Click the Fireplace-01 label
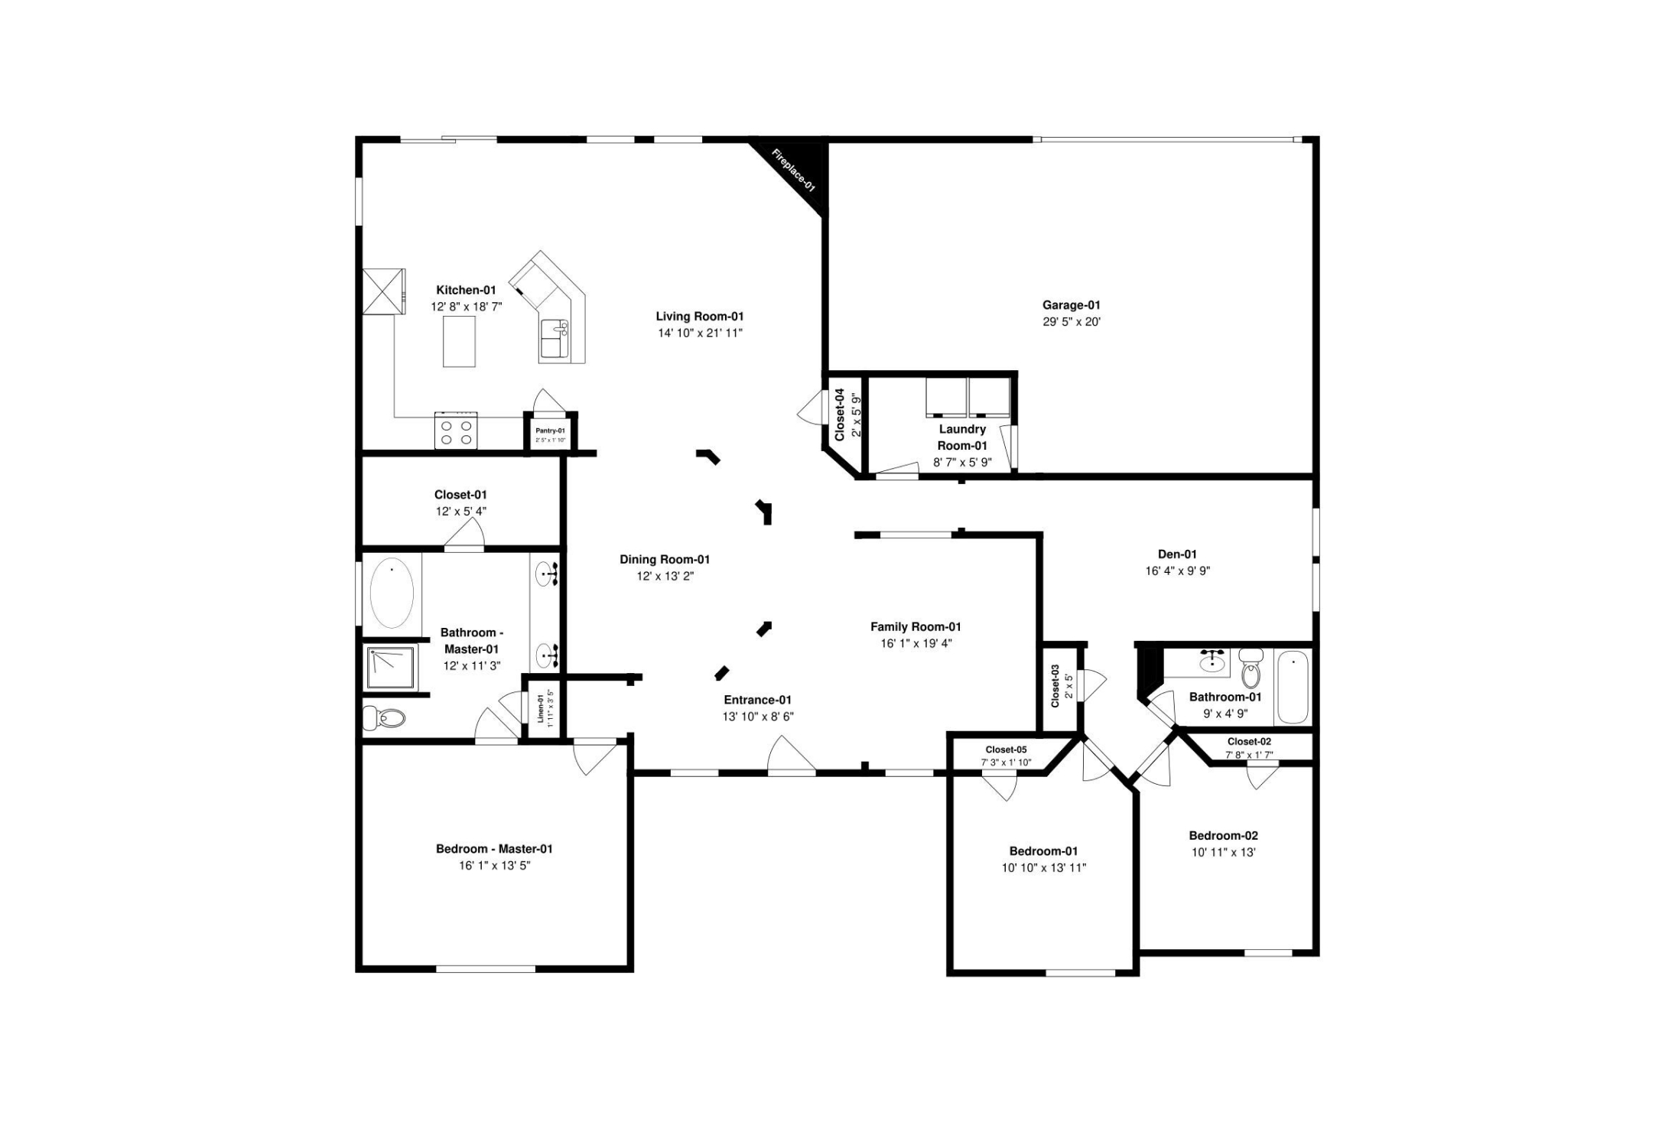point(793,171)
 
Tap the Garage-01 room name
point(1071,305)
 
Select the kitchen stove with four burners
point(456,431)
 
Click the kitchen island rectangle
point(459,341)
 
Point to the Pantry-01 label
point(550,431)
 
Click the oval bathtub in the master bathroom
point(392,593)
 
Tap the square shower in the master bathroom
point(392,668)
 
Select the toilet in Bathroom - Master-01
point(385,718)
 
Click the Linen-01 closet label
point(541,709)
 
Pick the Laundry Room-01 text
point(962,437)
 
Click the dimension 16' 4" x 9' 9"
point(1177,571)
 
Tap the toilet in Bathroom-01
point(1251,669)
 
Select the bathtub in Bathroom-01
point(1293,687)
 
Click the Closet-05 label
point(1006,750)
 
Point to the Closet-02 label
point(1249,742)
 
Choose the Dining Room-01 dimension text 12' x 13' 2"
point(665,577)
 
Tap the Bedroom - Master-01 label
point(494,849)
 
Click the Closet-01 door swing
point(465,533)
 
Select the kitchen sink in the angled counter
point(555,338)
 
